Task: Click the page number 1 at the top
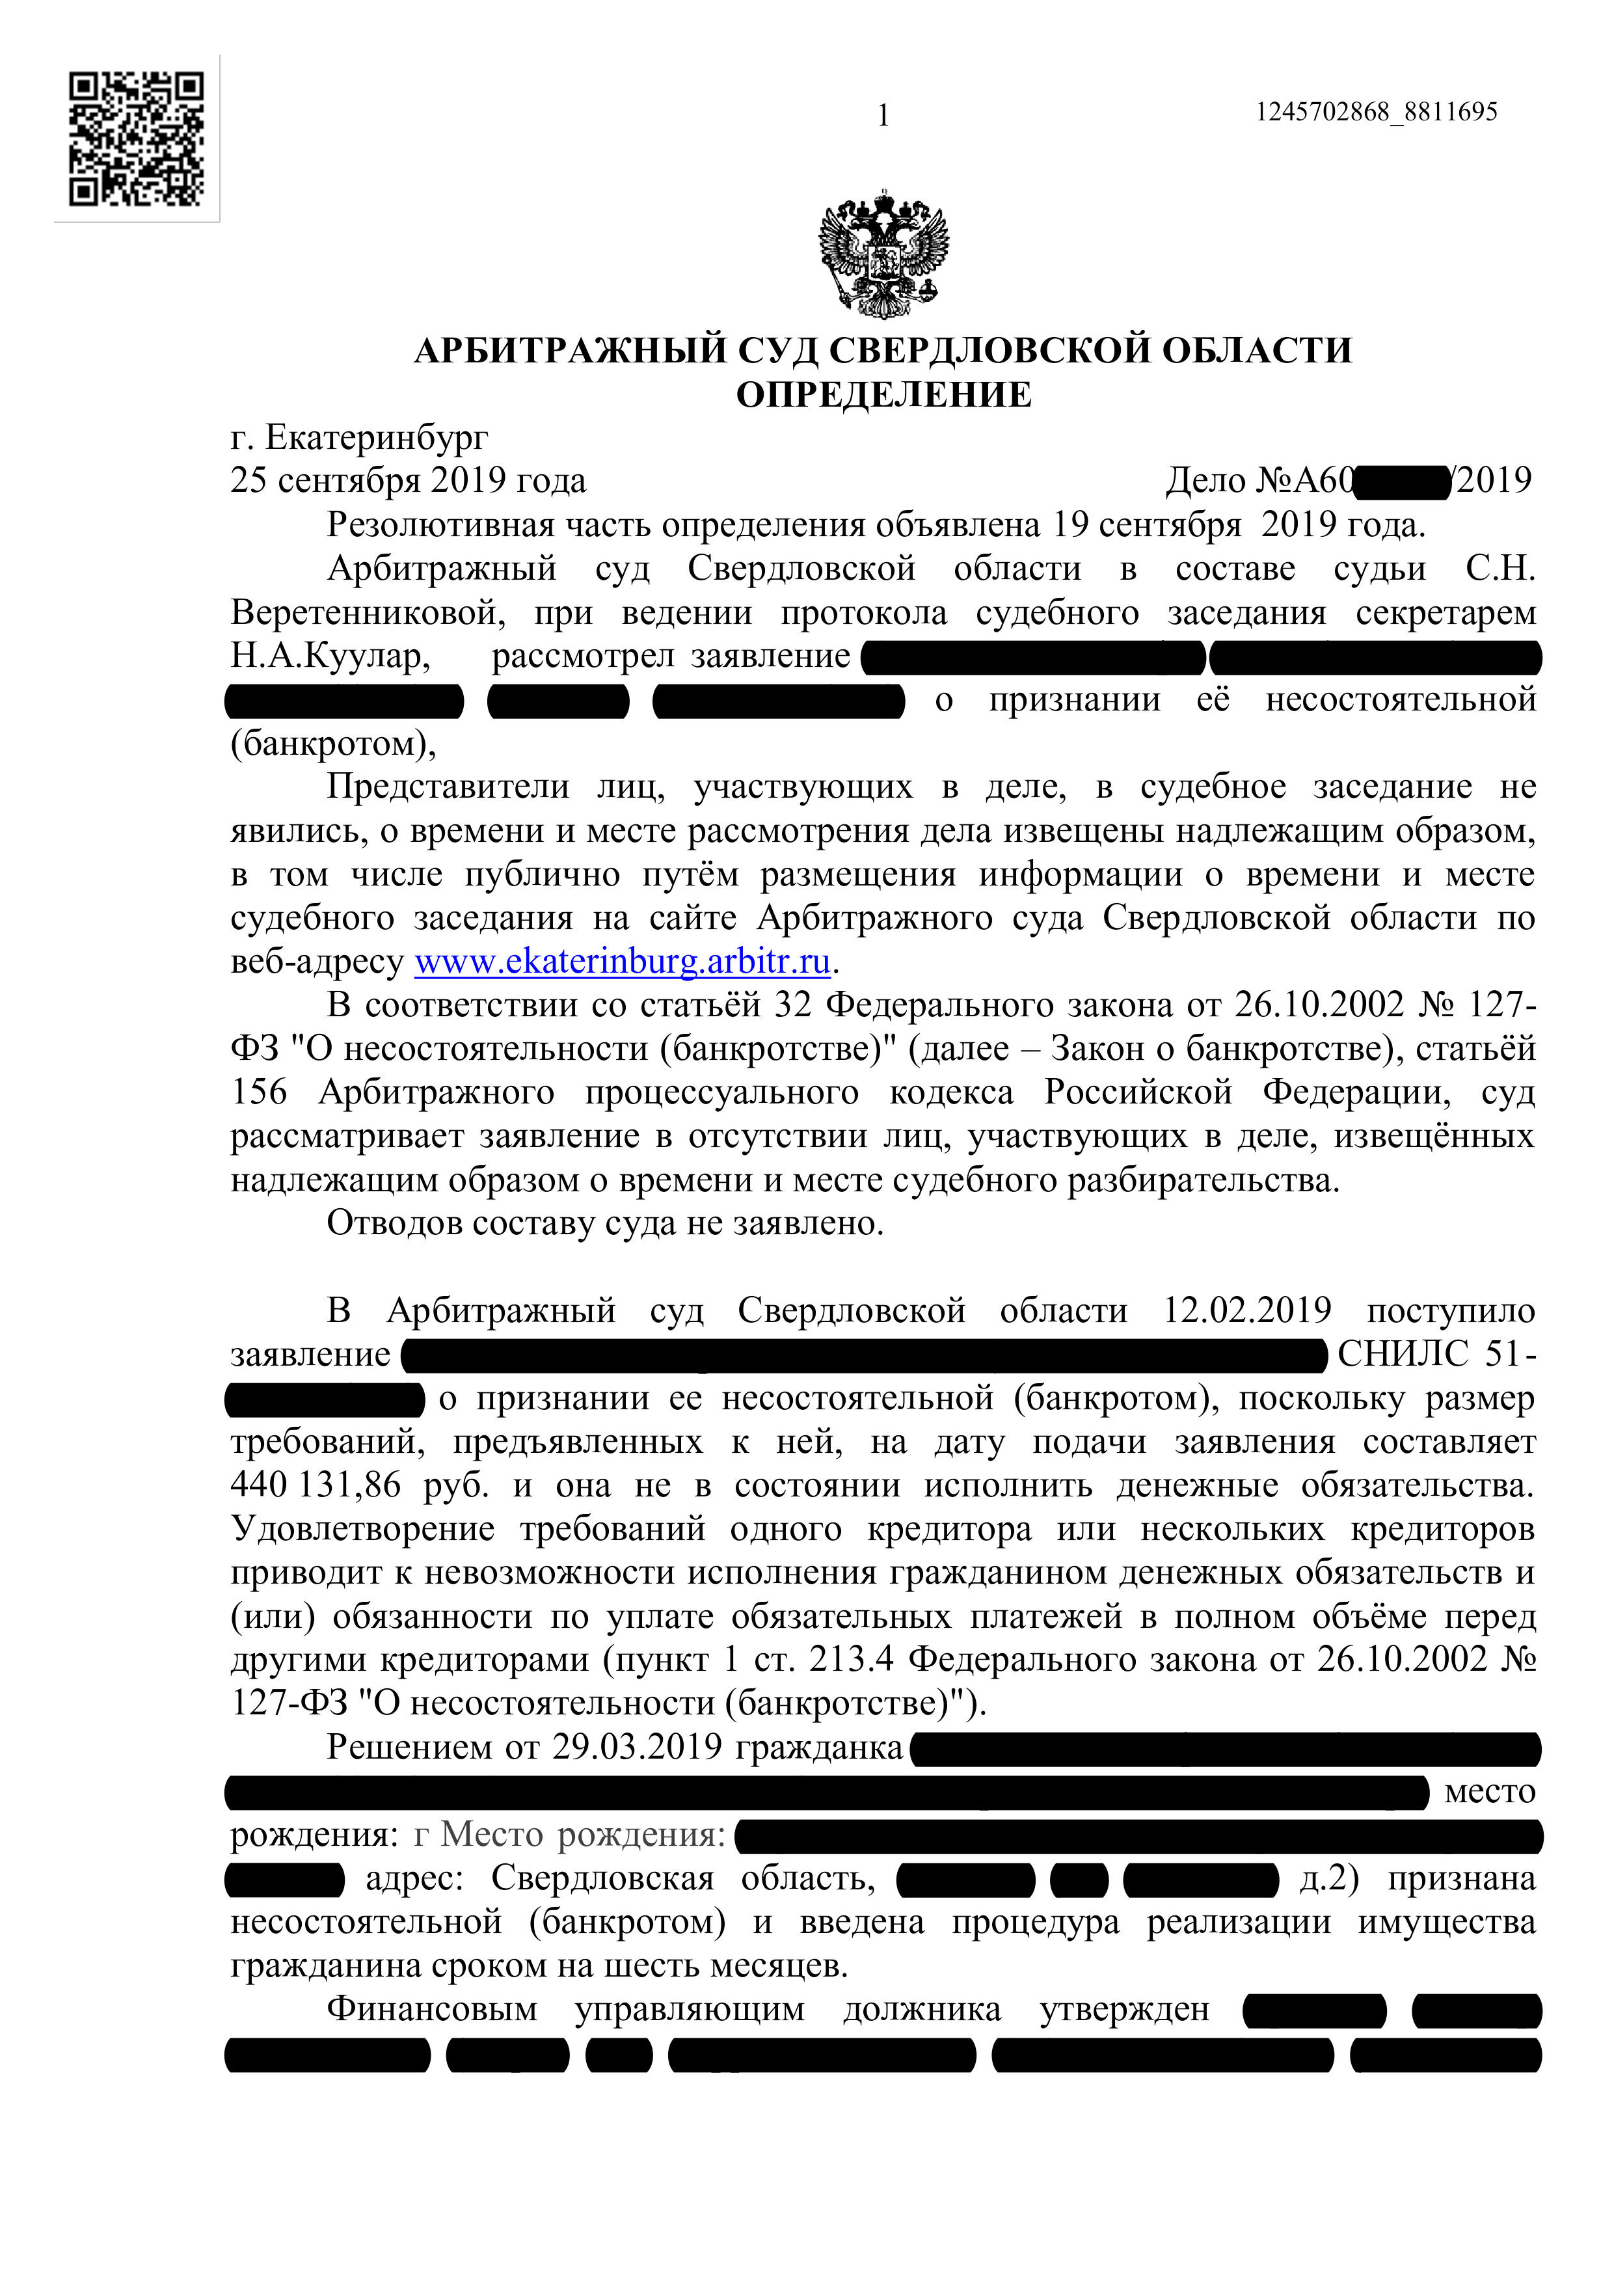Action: tap(883, 116)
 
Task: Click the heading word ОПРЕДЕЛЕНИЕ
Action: tap(883, 395)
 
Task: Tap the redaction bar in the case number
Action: tap(1402, 481)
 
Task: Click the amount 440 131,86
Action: tap(316, 1485)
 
